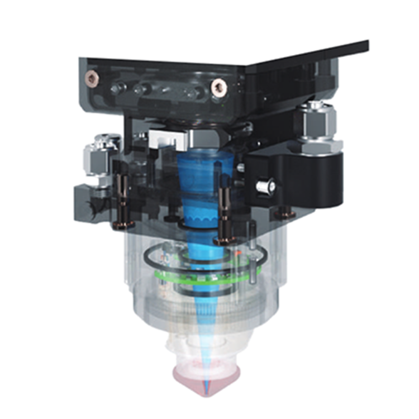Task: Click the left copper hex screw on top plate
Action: click(x=90, y=77)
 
